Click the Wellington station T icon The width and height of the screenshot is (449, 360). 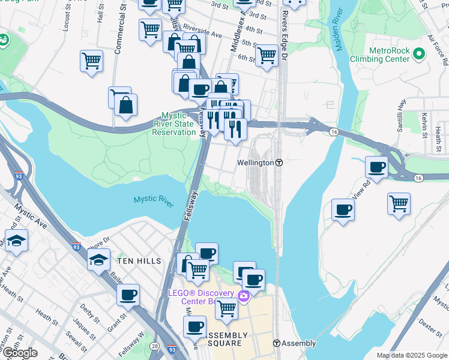pos(279,163)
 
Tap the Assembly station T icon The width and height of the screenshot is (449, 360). pos(277,343)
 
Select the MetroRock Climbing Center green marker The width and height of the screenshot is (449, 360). pos(418,55)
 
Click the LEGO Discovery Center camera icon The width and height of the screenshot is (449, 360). pos(244,295)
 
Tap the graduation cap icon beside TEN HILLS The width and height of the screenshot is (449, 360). pos(98,260)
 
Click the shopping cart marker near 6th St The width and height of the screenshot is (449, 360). pos(267,55)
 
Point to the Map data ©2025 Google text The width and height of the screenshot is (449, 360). pos(411,355)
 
